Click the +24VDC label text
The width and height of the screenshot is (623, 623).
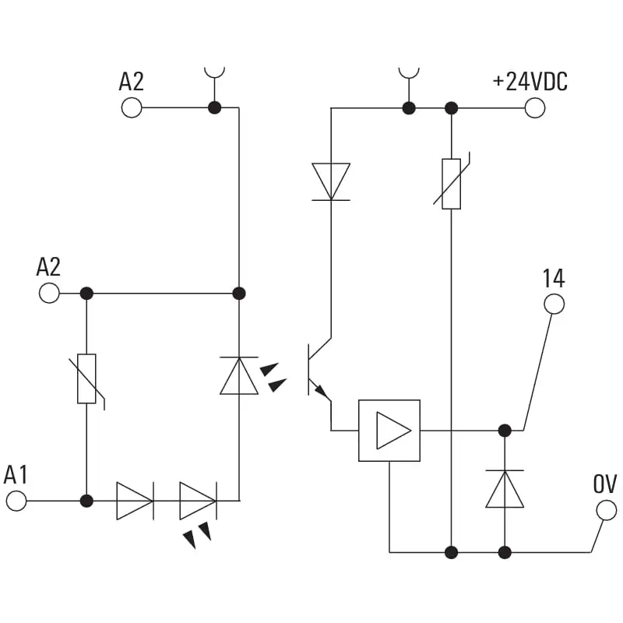[x=530, y=82]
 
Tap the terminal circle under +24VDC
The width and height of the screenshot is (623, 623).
[x=535, y=107]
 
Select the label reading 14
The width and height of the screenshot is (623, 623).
[x=554, y=278]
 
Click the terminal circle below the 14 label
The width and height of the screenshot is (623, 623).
[x=554, y=304]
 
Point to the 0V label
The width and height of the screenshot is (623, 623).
[x=605, y=484]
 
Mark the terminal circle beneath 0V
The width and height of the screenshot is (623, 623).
[x=606, y=511]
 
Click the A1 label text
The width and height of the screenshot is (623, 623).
[x=16, y=475]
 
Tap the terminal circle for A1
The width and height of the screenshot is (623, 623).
[x=16, y=501]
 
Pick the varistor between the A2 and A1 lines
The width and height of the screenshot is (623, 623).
[x=86, y=379]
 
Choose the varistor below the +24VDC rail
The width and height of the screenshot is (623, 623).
[x=451, y=184]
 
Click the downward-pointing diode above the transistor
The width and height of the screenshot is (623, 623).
[x=331, y=181]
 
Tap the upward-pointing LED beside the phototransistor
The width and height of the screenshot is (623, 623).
[x=239, y=376]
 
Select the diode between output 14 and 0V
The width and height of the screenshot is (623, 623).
[x=505, y=490]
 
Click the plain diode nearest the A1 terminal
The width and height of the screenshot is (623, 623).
[x=135, y=501]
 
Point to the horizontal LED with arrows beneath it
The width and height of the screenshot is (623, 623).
[x=198, y=501]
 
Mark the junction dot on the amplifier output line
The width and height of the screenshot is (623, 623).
[x=505, y=430]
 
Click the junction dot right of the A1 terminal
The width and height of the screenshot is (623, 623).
[x=86, y=501]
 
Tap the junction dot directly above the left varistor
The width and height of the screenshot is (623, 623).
[x=86, y=294]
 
